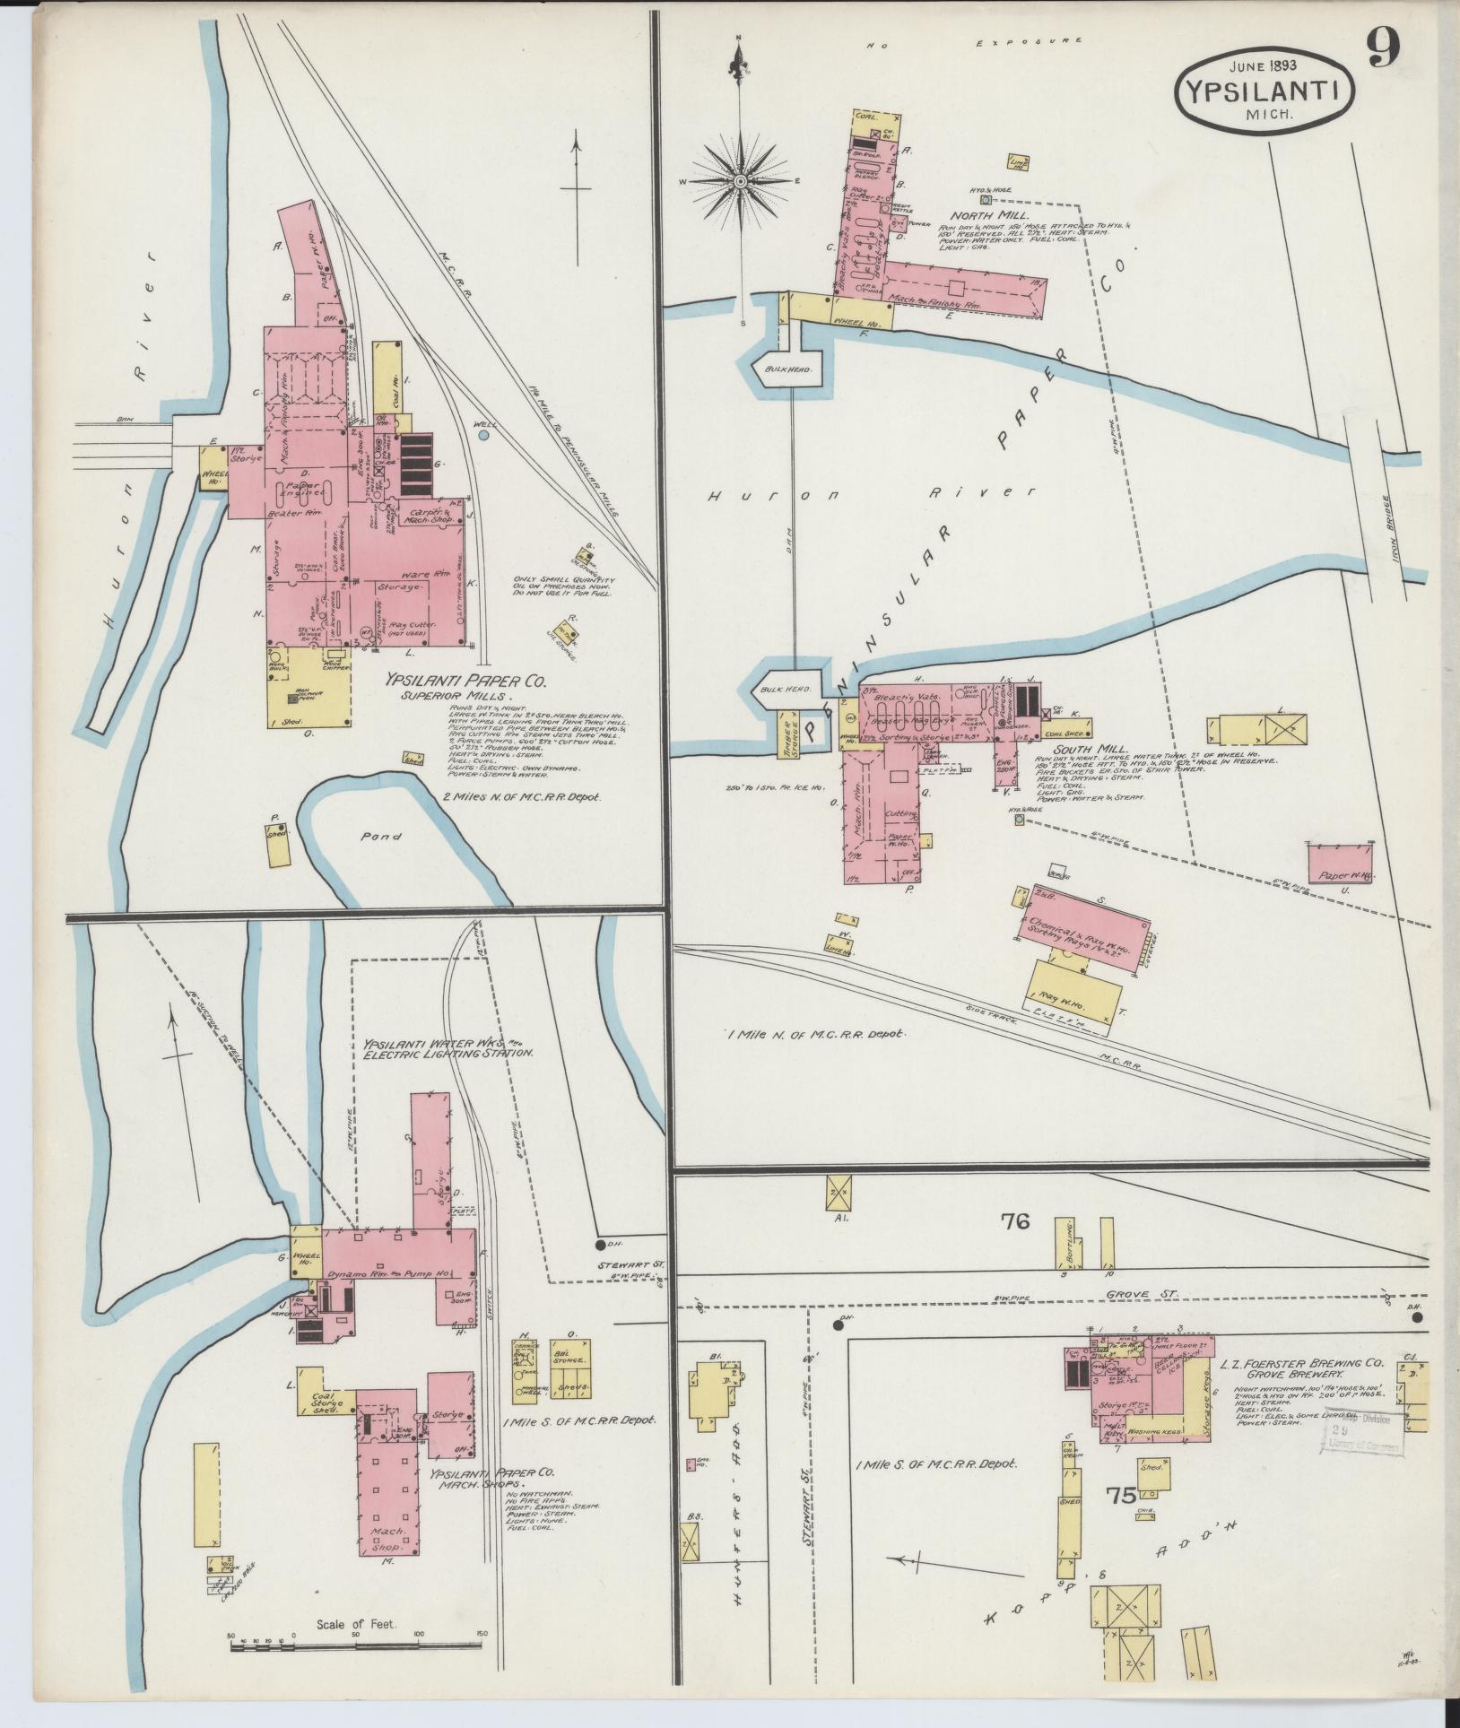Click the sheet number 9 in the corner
(1383, 50)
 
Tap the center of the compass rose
(741, 182)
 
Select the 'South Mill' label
(1064, 748)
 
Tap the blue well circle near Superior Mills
(484, 435)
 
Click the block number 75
(1122, 1495)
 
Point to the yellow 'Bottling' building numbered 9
(1064, 1241)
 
